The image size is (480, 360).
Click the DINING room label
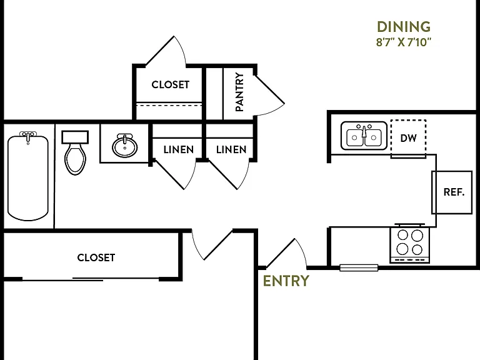click(404, 27)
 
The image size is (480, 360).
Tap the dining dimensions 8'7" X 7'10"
click(404, 42)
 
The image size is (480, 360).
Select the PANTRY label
click(239, 92)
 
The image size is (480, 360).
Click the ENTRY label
click(286, 281)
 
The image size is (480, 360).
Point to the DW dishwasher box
click(408, 137)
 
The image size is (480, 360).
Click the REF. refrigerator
click(452, 192)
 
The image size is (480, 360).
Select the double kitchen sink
click(364, 136)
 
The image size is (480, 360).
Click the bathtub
click(28, 177)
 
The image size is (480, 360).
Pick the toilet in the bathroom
click(75, 153)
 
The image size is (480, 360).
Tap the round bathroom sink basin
click(124, 146)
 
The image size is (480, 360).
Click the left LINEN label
click(179, 150)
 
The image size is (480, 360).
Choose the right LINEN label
click(231, 150)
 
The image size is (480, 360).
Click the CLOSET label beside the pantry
click(170, 84)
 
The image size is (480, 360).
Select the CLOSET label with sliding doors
click(96, 257)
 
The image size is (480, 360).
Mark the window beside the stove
click(359, 268)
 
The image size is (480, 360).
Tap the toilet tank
click(75, 137)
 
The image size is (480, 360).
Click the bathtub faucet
click(28, 136)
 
